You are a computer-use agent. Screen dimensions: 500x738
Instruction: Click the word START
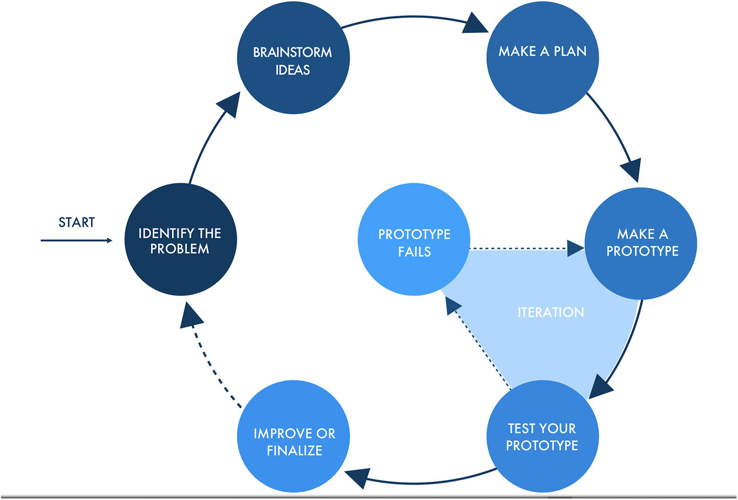coord(77,222)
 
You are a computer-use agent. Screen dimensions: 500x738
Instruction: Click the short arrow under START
coord(77,240)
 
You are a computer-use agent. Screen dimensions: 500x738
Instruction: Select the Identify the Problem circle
coord(181,239)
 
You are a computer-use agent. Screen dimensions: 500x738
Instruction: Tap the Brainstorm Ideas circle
coord(293,58)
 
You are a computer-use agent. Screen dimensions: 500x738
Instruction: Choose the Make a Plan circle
coord(542,58)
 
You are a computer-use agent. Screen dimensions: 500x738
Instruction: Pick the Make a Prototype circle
coord(641,243)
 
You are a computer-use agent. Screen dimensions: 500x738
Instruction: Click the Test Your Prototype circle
coord(542,436)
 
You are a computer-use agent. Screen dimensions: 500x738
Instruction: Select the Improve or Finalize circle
coord(293,436)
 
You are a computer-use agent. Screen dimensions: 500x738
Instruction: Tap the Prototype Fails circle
coord(414,239)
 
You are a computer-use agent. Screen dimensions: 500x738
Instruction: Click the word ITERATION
coord(551,312)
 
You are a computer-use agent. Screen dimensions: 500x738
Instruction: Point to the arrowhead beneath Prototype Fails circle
coord(451,305)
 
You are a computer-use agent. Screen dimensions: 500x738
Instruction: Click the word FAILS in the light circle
coord(414,251)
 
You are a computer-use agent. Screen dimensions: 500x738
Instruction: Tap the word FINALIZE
coord(294,450)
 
